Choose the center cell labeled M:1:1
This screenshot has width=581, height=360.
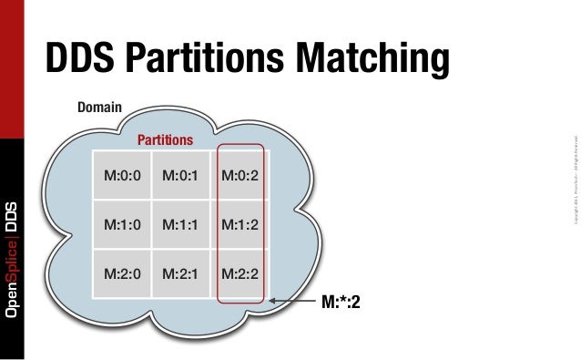180,222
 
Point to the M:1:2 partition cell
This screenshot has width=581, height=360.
240,222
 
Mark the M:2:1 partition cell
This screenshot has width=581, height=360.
180,271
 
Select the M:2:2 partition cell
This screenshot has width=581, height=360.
240,271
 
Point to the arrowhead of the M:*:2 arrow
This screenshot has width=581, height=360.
272,302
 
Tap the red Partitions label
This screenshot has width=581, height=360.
165,140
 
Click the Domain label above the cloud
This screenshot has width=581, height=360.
100,108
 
